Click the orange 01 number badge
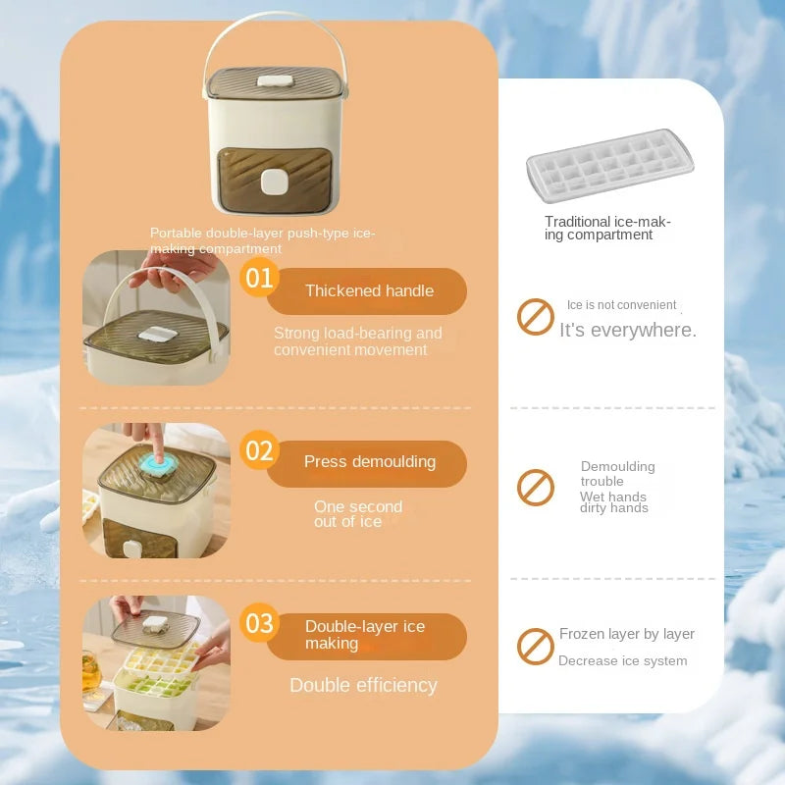click(259, 279)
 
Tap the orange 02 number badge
click(259, 450)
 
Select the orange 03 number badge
click(259, 623)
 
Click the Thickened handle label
click(369, 290)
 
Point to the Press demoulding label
click(369, 462)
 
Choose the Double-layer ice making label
click(365, 635)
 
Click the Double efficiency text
click(363, 685)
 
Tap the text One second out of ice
click(358, 514)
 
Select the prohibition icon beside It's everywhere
click(536, 317)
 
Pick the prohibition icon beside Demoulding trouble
click(536, 487)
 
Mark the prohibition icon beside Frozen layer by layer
click(536, 647)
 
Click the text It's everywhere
click(628, 331)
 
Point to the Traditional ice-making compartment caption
click(608, 229)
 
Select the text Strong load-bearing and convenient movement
click(358, 341)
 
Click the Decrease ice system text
click(623, 661)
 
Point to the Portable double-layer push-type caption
click(262, 240)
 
